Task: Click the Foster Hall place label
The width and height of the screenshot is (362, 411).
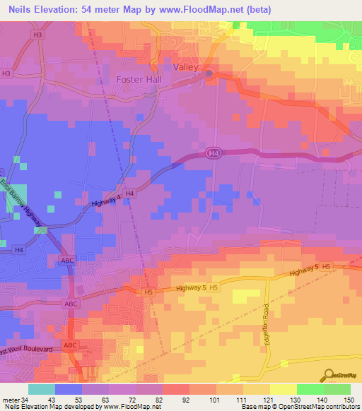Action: pos(139,80)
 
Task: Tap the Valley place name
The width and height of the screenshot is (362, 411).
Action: pos(187,66)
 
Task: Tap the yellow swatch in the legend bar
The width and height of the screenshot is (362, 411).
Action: pos(283,388)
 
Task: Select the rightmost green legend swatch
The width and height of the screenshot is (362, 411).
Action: pos(337,388)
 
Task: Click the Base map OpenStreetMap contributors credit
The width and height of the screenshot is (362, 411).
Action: pos(297,407)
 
